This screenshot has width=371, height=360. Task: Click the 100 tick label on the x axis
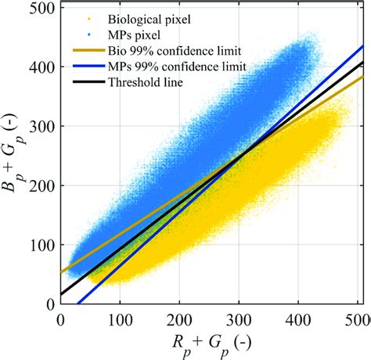pyautogui.click(x=120, y=319)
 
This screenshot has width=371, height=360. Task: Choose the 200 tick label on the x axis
pyautogui.click(x=179, y=319)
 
